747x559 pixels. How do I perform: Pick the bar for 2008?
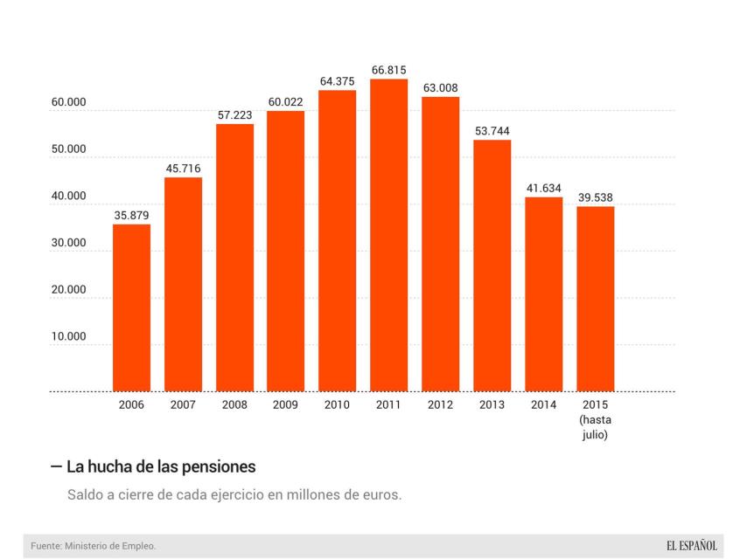[x=234, y=258]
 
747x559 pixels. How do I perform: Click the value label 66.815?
[x=388, y=70]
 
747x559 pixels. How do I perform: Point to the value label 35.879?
[x=131, y=215]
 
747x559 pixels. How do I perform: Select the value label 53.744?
[x=492, y=131]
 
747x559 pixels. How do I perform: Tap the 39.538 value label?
[x=595, y=197]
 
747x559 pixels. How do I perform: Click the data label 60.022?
[x=285, y=102]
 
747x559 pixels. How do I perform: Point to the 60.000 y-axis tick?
[x=68, y=102]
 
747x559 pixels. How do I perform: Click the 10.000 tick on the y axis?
[x=68, y=336]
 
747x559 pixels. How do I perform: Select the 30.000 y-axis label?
[x=68, y=243]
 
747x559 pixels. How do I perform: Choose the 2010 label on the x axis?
[x=337, y=405]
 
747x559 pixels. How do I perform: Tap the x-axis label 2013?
[x=492, y=405]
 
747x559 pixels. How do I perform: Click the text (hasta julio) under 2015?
[x=595, y=426]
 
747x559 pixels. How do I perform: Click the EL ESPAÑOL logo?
[x=691, y=546]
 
